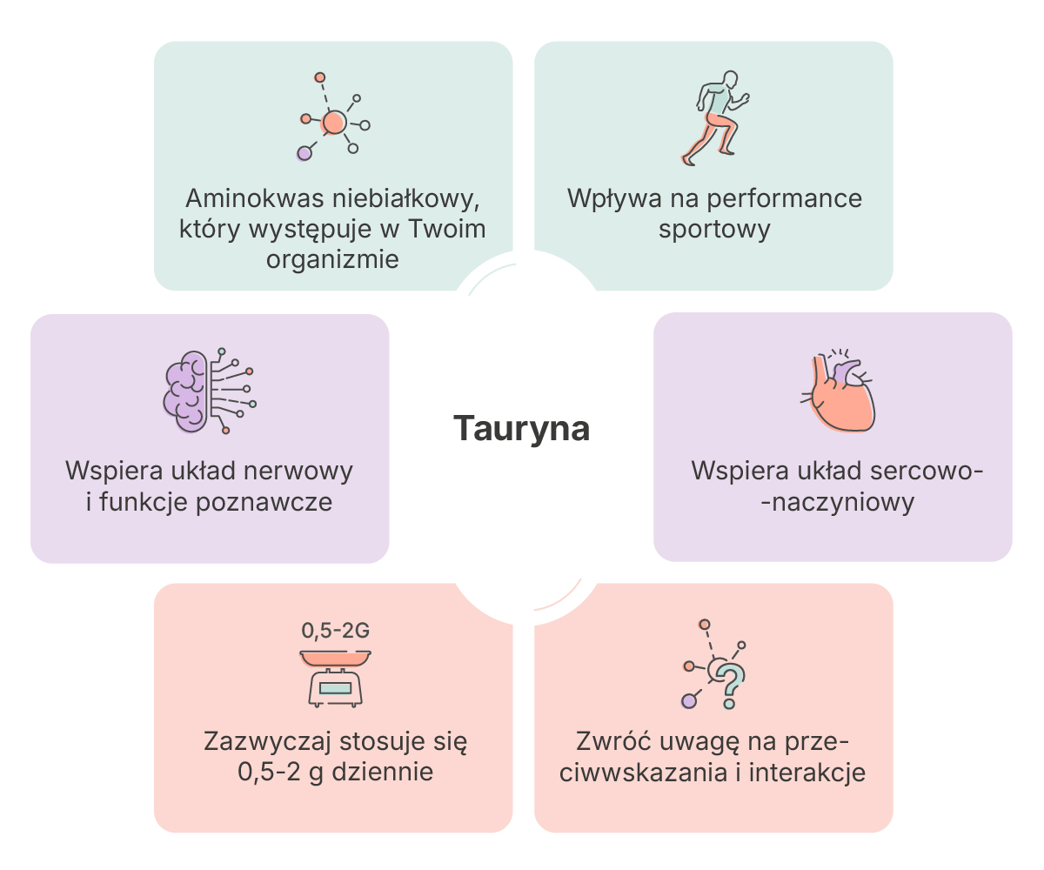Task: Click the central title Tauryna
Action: (x=521, y=429)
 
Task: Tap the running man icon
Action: (x=715, y=118)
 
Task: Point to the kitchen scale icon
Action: (x=336, y=679)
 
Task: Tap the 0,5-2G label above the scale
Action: (x=336, y=631)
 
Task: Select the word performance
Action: (x=785, y=199)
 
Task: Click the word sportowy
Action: (x=714, y=230)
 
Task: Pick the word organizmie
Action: (x=332, y=260)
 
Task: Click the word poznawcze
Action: (x=264, y=503)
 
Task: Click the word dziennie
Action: (x=383, y=772)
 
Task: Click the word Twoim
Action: (x=447, y=229)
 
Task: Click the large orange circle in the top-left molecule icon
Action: (x=334, y=123)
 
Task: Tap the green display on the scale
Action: (x=335, y=688)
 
